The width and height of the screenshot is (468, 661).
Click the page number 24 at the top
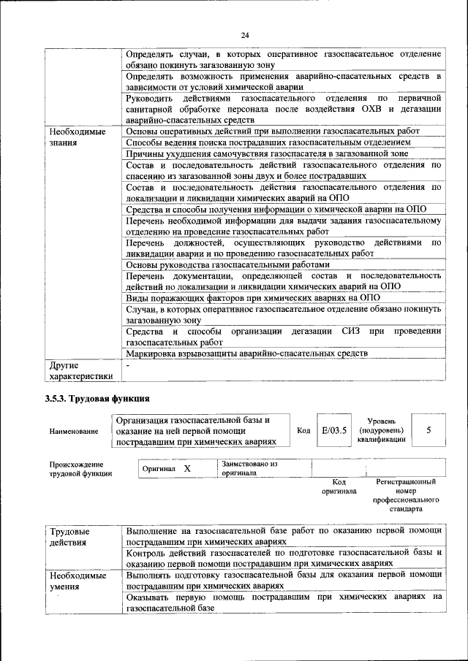[x=245, y=35]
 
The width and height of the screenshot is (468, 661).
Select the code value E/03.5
[x=333, y=430]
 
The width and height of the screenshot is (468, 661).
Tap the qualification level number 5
[x=429, y=430]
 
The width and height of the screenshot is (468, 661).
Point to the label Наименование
[x=74, y=431]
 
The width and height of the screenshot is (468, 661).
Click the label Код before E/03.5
[x=303, y=430]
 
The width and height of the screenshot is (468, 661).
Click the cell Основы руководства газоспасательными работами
[x=227, y=264]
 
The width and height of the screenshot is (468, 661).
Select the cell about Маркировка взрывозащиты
[x=246, y=353]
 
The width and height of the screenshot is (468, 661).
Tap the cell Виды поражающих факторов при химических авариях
[x=253, y=298]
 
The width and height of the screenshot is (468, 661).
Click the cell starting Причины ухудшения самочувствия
[x=267, y=154]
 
